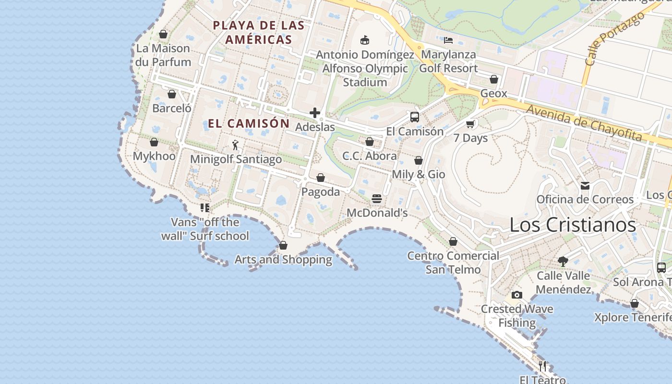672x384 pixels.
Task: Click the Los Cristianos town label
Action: point(572,225)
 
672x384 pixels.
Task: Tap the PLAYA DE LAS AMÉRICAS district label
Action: point(259,32)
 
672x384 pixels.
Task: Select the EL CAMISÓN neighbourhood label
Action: point(249,123)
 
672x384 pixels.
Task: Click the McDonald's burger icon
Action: point(377,199)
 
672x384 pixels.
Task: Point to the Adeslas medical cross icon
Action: point(315,113)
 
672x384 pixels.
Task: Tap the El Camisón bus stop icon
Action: point(415,117)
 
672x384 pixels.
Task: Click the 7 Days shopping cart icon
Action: point(470,124)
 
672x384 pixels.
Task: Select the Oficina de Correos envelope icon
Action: point(585,185)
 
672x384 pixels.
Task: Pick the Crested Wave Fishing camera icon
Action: point(516,295)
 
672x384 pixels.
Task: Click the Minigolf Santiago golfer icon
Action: point(235,145)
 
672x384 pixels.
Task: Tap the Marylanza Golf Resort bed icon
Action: point(448,40)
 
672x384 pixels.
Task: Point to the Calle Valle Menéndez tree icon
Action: point(563,262)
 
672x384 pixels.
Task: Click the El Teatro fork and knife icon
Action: point(542,366)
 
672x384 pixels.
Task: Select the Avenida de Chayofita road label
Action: point(584,123)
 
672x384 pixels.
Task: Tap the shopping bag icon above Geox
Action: point(494,79)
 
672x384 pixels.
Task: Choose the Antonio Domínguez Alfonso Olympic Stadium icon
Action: point(365,40)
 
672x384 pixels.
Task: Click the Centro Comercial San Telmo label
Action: point(453,263)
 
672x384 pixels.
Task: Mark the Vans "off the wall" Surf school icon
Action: point(205,208)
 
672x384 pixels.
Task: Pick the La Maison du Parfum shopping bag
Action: point(163,34)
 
